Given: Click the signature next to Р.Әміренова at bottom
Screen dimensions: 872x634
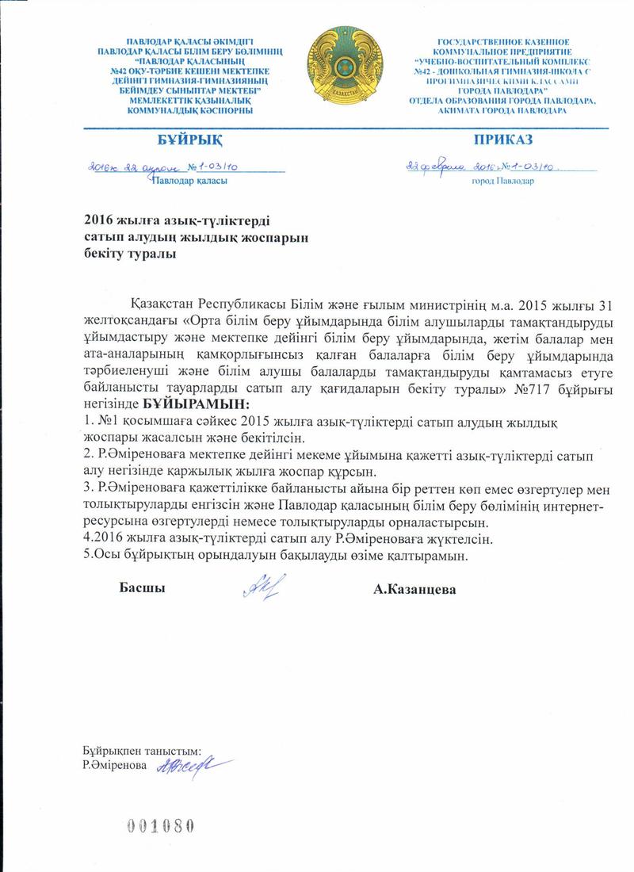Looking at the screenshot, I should tap(188, 766).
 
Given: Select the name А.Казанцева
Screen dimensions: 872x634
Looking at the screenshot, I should tap(418, 590).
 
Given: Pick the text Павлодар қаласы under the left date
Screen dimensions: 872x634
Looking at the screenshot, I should tap(190, 182).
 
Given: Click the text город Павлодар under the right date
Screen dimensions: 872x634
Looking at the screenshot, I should tap(502, 182).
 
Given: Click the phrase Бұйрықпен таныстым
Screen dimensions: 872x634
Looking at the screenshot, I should tap(141, 750).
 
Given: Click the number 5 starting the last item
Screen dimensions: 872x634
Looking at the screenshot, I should tap(87, 556).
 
